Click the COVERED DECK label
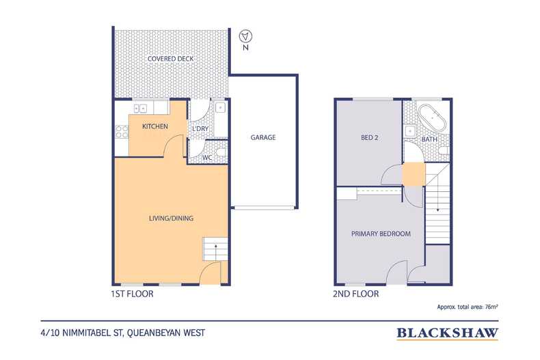170,59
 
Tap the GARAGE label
263,137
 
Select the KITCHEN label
155,126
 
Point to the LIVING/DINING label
171,218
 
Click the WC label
207,158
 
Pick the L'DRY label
200,128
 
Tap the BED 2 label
370,138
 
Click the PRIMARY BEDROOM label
381,234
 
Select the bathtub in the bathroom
431,117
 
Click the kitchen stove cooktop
122,132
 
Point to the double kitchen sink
141,109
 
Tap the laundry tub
219,108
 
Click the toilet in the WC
221,152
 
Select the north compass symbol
245,36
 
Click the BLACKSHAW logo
447,333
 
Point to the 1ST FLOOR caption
132,294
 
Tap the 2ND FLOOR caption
355,294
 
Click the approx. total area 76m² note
468,307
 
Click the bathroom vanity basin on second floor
409,131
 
